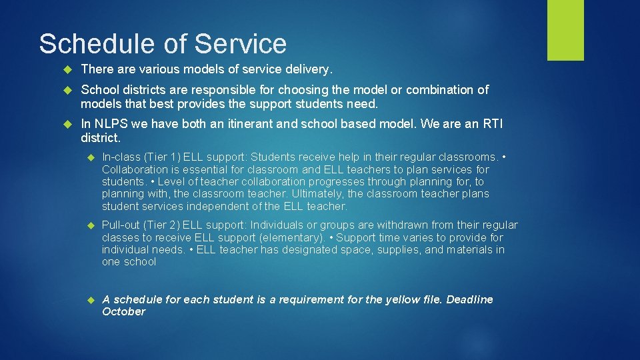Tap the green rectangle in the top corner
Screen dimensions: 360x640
565,30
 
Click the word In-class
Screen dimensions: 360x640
121,157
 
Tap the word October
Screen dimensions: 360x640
123,312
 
